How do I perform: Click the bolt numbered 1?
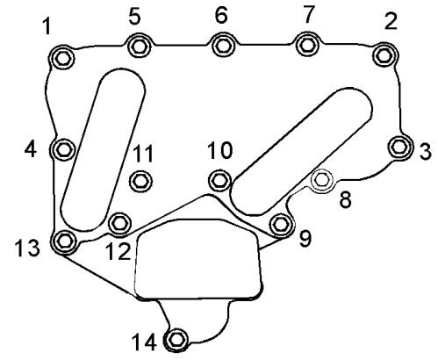[x=61, y=58]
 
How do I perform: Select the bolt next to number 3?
[x=400, y=148]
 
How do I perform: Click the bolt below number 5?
[x=139, y=46]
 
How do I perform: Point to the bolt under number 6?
[x=223, y=46]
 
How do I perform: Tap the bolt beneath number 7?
[x=307, y=45]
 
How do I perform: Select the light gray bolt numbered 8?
[x=321, y=180]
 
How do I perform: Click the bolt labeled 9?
[x=282, y=224]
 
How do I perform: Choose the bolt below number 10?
[x=220, y=180]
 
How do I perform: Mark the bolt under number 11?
[x=140, y=182]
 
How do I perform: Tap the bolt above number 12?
[x=119, y=224]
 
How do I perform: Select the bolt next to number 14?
[x=176, y=340]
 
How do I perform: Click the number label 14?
[x=144, y=342]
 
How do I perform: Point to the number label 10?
[x=219, y=150]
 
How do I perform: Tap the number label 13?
[x=27, y=248]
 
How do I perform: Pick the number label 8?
[x=345, y=200]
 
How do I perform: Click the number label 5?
[x=134, y=16]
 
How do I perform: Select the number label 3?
[x=426, y=151]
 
